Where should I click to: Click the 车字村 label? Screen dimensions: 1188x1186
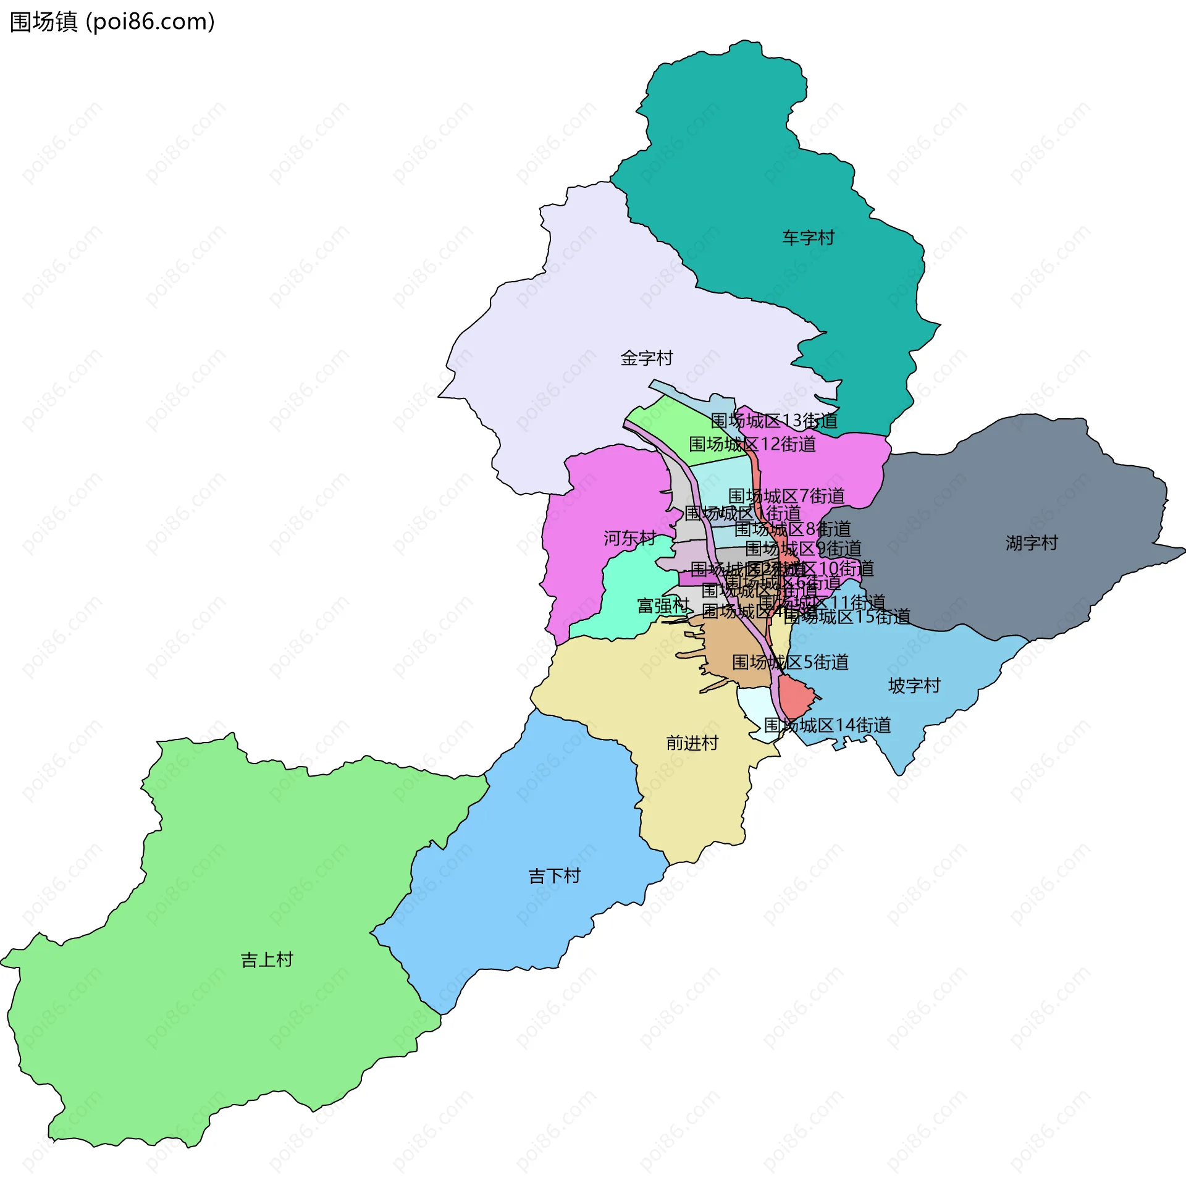coord(808,238)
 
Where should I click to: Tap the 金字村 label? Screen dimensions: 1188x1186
coord(646,358)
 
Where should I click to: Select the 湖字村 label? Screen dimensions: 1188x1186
coord(1031,543)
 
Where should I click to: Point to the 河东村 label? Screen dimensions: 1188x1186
coord(629,538)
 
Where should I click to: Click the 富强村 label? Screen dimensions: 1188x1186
coord(663,605)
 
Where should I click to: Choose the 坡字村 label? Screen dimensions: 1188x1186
coord(914,686)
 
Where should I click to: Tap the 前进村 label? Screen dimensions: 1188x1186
coord(692,743)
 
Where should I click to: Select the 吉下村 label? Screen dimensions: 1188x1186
coord(554,875)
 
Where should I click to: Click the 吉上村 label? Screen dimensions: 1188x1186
coord(266,959)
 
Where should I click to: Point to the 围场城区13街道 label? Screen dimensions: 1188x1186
coord(774,421)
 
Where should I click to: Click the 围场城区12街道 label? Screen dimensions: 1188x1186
coord(752,444)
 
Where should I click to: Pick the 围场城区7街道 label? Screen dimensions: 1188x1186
coord(786,496)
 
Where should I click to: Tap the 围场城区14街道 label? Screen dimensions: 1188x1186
coord(827,725)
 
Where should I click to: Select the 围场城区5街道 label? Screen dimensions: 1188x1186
coord(790,662)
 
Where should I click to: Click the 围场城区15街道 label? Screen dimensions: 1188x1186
coord(847,617)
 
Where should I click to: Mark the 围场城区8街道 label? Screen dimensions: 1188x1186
coord(793,529)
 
